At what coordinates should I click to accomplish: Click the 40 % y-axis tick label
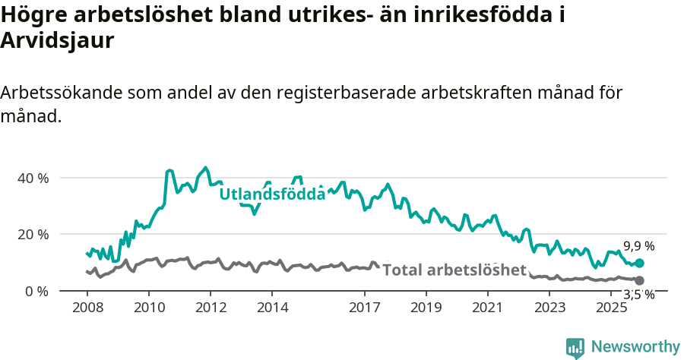click(x=32, y=178)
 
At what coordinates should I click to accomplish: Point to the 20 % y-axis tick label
click(x=32, y=234)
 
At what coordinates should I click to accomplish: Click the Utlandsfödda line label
click(x=272, y=194)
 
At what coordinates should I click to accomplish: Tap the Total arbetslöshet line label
click(x=454, y=270)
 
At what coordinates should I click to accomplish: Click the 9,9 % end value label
click(x=638, y=246)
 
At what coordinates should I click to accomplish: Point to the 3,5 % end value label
click(x=638, y=295)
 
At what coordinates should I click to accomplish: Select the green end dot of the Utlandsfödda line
click(x=639, y=263)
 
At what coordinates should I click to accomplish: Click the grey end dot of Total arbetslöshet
click(x=639, y=281)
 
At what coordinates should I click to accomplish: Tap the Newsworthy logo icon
click(x=575, y=348)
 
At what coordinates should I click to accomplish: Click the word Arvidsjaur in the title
click(x=58, y=41)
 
